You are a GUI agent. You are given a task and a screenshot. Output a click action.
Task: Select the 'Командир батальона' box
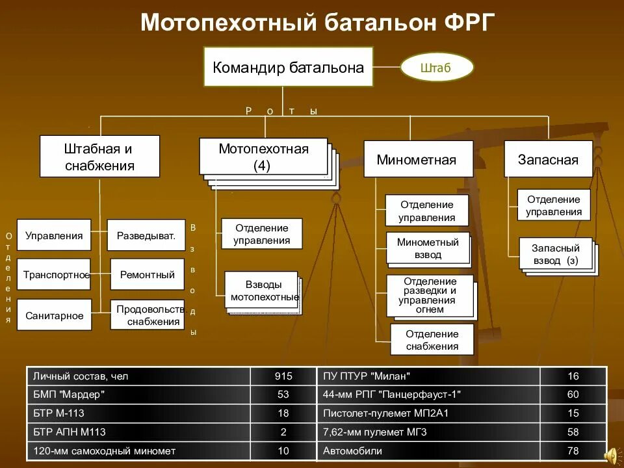(x=288, y=67)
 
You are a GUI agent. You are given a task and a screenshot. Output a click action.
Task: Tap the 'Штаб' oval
(x=436, y=68)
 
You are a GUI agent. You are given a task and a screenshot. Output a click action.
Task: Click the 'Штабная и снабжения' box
(x=99, y=157)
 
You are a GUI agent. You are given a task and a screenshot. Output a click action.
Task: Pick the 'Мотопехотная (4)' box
(x=263, y=157)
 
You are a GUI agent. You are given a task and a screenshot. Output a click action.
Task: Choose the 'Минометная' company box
(x=416, y=159)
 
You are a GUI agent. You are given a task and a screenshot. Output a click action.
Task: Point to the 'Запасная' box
(x=548, y=159)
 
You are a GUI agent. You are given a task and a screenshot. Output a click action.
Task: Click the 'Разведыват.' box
(x=146, y=236)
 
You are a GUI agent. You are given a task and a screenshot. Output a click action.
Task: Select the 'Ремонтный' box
(x=147, y=274)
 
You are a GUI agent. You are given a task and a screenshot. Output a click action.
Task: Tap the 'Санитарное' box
(x=55, y=315)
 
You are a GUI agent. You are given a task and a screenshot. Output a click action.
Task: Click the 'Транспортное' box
(x=55, y=274)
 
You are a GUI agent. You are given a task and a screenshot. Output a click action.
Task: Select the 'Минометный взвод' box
(x=427, y=248)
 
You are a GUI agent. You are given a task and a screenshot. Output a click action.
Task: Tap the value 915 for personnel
(x=283, y=376)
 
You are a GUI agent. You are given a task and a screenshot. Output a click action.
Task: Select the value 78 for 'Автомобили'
(x=572, y=450)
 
